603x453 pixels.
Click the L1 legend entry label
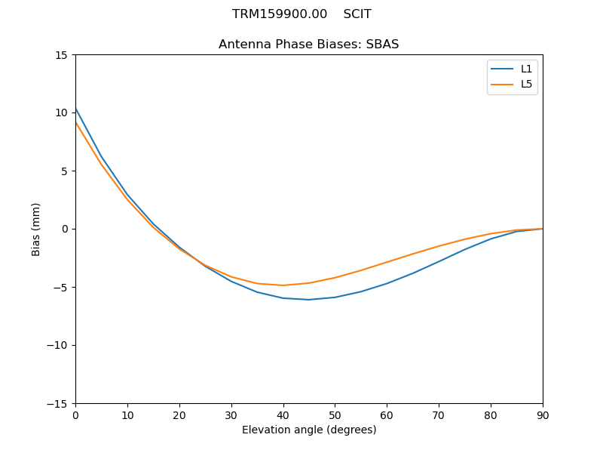click(526, 69)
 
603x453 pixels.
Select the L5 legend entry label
click(526, 84)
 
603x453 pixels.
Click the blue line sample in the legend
click(502, 69)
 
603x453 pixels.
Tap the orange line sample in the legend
click(502, 84)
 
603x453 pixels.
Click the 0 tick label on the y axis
click(65, 230)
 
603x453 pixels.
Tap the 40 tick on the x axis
click(283, 414)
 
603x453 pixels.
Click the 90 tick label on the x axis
click(543, 414)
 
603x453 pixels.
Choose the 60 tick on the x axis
click(387, 414)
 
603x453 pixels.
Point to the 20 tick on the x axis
click(179, 414)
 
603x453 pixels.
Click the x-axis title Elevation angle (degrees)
click(309, 430)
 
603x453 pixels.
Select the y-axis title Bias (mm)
click(36, 229)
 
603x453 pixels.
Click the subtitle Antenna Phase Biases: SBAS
click(309, 45)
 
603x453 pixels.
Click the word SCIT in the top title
click(357, 14)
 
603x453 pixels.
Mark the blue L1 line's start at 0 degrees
click(76, 109)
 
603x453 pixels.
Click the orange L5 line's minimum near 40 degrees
click(283, 285)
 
